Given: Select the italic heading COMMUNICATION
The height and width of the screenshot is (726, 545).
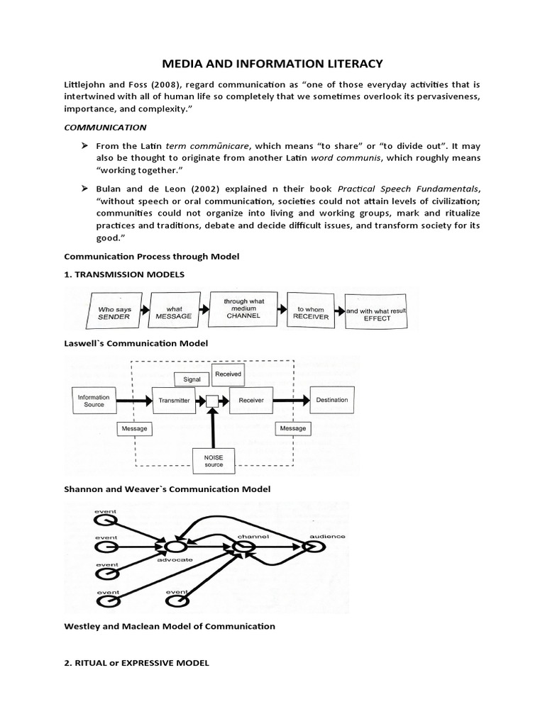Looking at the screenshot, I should click(x=105, y=128).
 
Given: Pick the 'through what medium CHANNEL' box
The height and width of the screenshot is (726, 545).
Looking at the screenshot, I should click(x=244, y=310).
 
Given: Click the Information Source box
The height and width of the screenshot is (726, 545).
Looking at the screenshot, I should click(x=94, y=401).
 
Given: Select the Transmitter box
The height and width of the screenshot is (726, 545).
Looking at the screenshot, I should click(x=174, y=401).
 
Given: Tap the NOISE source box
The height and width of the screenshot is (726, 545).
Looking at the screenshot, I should click(x=214, y=461).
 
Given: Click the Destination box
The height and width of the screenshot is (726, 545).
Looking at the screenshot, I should click(x=332, y=400).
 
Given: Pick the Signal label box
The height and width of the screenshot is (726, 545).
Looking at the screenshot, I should click(x=192, y=379).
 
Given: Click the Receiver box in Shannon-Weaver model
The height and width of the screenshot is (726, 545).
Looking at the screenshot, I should click(x=251, y=401).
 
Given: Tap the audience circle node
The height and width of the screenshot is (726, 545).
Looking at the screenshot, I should click(x=312, y=547).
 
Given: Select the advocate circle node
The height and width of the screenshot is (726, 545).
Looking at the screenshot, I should click(x=175, y=547).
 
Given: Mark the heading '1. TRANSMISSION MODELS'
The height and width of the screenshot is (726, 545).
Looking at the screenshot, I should click(x=124, y=274).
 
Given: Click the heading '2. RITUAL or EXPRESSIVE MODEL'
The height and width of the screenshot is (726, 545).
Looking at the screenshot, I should click(x=137, y=663).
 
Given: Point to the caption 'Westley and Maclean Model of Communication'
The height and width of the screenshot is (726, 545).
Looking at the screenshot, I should click(x=169, y=626).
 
